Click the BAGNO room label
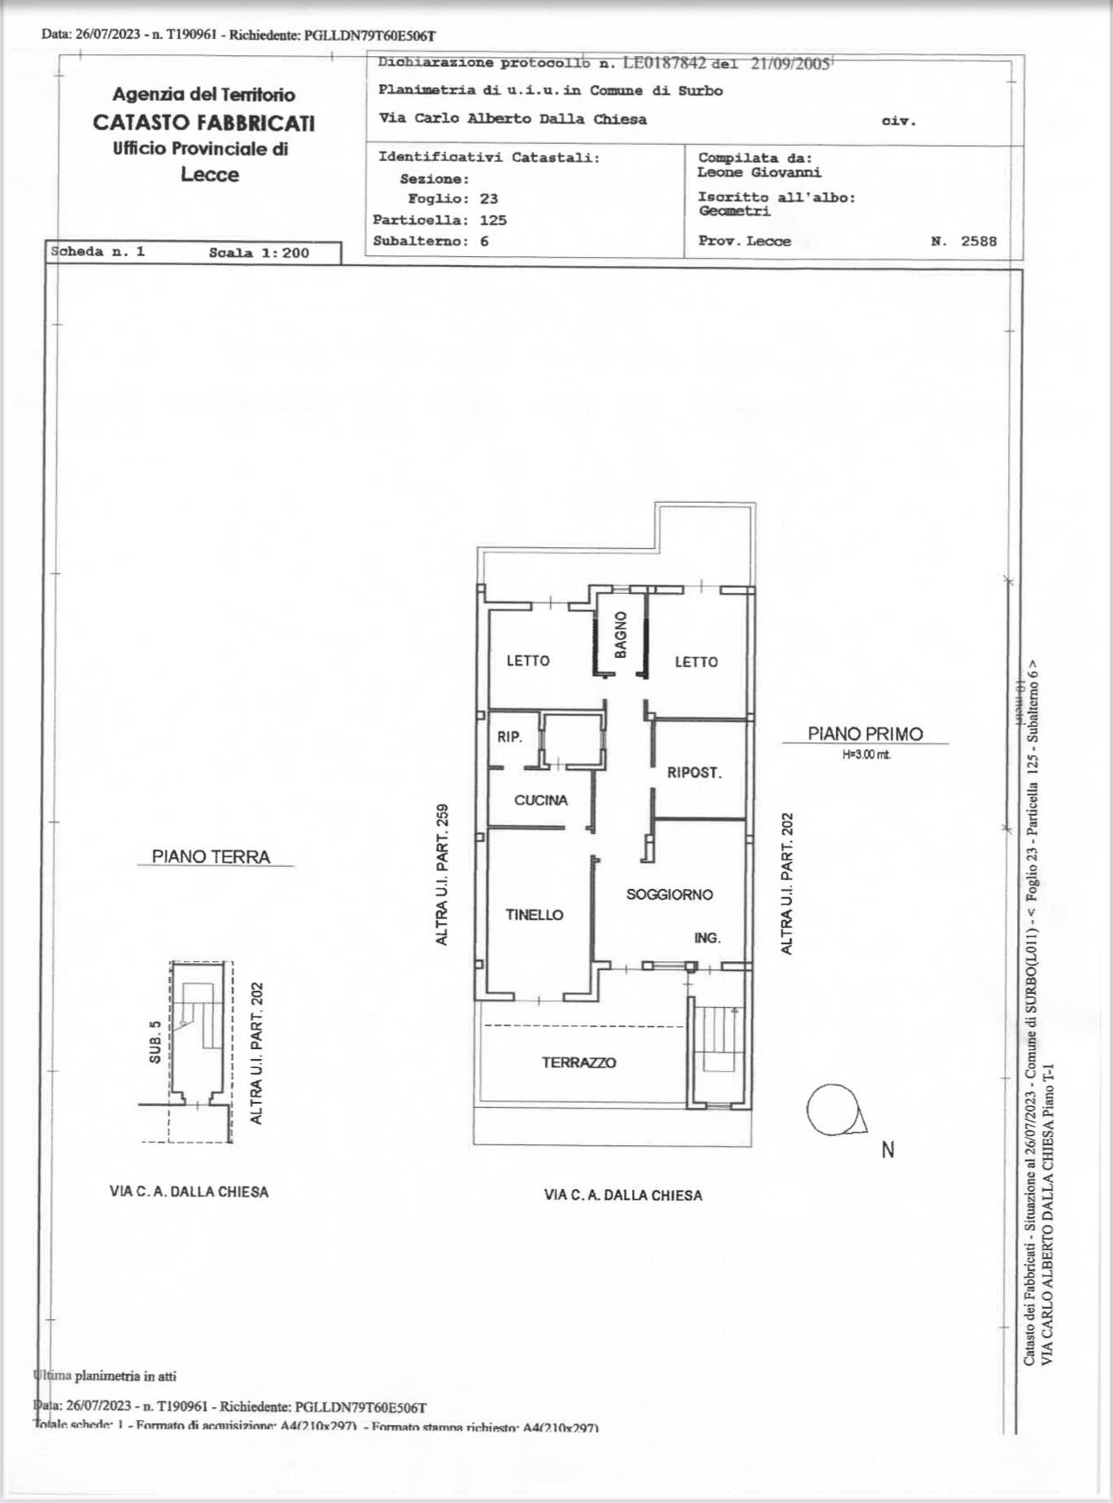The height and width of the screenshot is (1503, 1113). point(621,634)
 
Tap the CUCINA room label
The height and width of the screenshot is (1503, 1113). point(540,800)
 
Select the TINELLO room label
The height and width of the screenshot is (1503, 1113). point(534,915)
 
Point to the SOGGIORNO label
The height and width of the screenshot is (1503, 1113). point(669,895)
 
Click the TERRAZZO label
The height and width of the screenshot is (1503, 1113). point(578,1062)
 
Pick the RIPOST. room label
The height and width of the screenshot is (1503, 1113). point(694,773)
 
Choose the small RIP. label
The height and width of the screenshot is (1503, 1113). point(509,738)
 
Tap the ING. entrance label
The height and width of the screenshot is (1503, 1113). point(707,938)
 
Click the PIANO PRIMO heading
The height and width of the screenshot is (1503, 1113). point(865,734)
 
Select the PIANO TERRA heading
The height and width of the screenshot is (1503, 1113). point(211,856)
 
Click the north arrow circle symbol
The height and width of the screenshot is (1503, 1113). point(832,1110)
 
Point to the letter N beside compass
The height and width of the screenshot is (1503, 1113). point(888,1150)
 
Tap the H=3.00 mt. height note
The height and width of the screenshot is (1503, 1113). point(866,755)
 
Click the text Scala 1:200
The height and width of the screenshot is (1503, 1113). point(259,253)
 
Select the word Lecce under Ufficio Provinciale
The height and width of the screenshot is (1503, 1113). point(209,175)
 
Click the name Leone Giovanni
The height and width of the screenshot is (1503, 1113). point(758,172)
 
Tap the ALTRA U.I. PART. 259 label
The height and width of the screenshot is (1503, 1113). point(442,874)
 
